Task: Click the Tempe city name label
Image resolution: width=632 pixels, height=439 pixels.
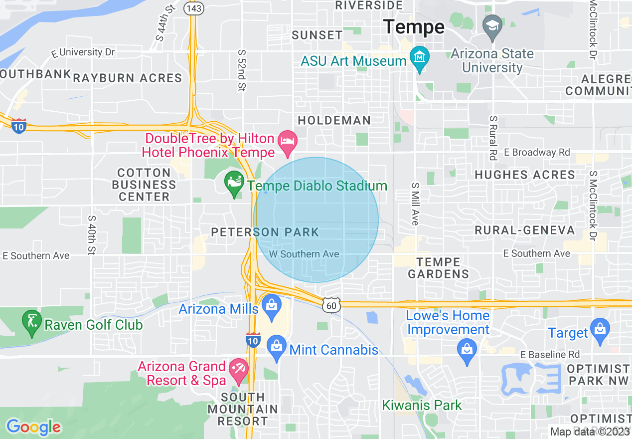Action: (x=414, y=27)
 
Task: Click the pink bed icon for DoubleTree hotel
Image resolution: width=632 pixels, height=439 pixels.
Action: (x=288, y=140)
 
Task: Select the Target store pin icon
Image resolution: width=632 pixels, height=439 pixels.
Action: (x=600, y=330)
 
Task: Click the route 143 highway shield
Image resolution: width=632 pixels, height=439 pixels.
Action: (x=193, y=8)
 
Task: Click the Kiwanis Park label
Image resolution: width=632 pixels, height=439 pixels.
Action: (x=422, y=405)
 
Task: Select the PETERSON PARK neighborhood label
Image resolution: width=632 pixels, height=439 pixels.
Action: (x=265, y=232)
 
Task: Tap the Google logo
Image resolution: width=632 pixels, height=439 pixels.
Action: (x=33, y=427)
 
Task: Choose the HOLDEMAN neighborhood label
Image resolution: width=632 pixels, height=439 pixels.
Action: (x=334, y=120)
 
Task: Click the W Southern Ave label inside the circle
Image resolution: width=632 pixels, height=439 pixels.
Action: (x=304, y=254)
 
